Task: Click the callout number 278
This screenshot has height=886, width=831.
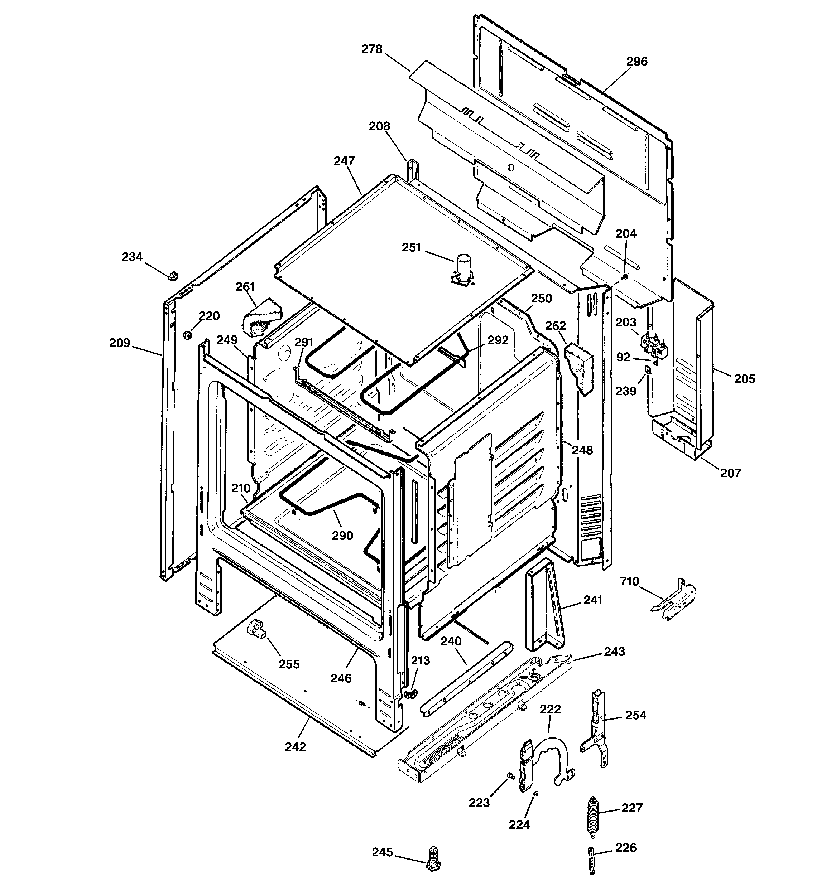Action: pyautogui.click(x=371, y=49)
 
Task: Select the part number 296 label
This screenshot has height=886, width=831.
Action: pyautogui.click(x=637, y=62)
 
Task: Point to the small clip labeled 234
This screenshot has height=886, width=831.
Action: pyautogui.click(x=173, y=275)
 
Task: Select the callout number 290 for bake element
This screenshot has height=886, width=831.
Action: pyautogui.click(x=342, y=535)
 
